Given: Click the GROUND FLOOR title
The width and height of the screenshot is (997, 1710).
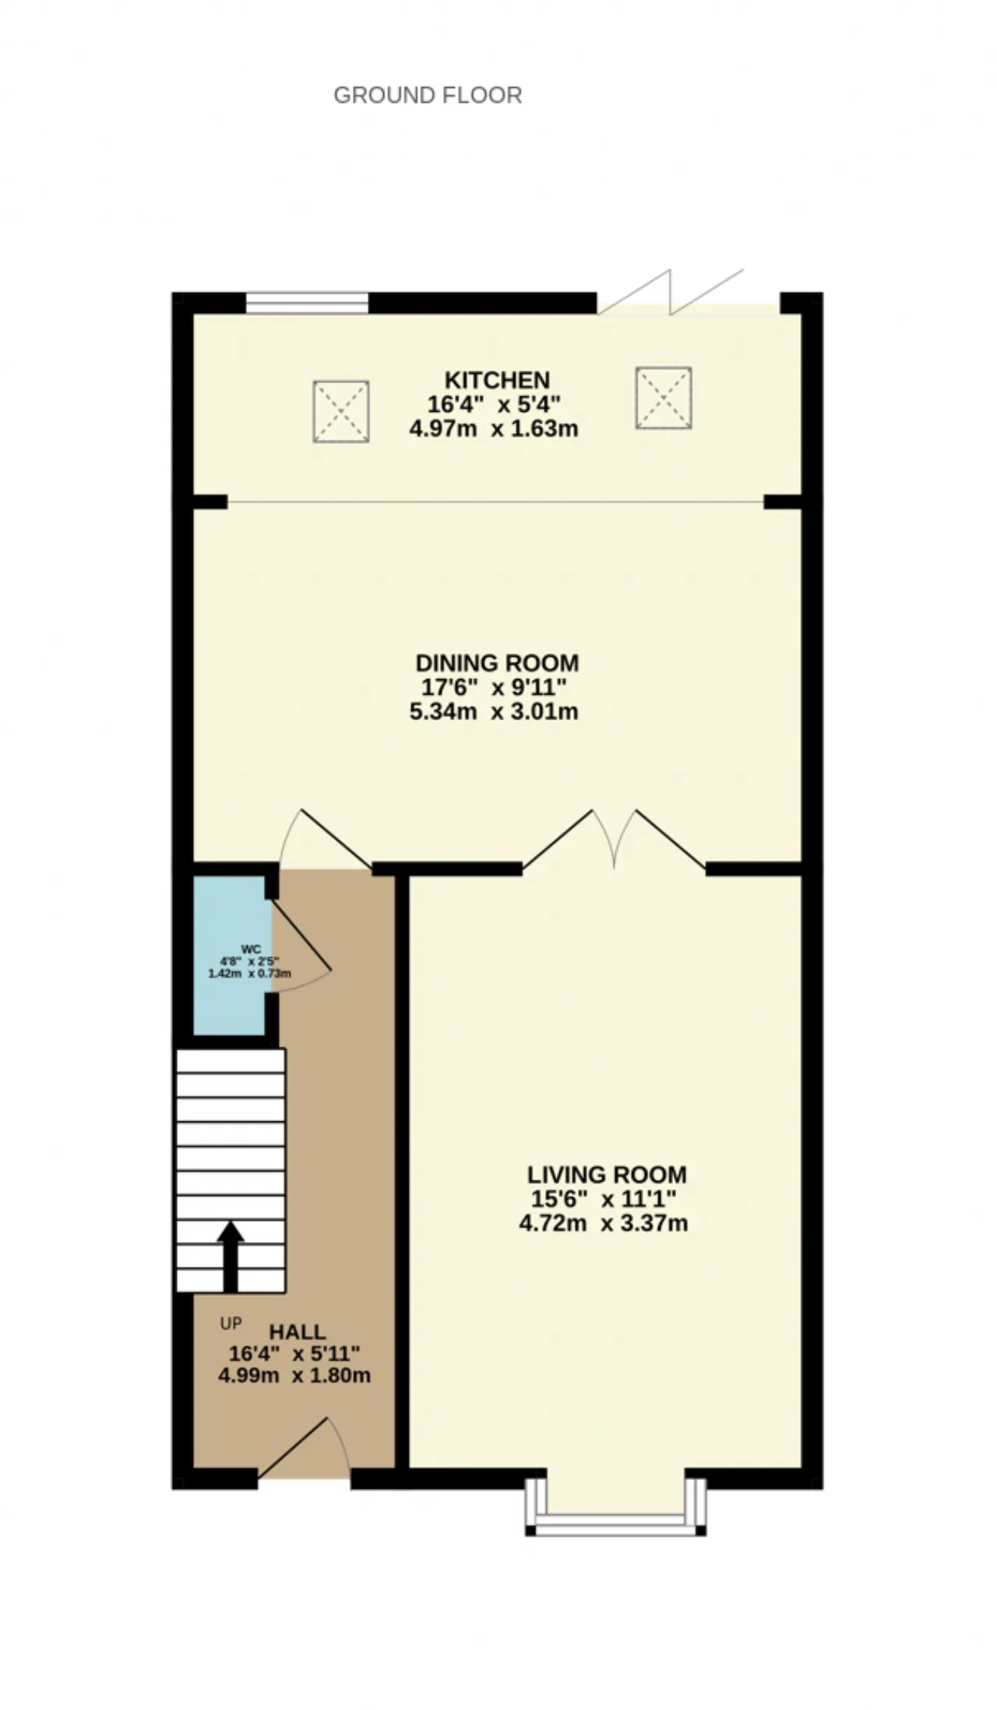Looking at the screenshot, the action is (428, 95).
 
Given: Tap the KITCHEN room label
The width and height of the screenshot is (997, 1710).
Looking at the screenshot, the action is (497, 380).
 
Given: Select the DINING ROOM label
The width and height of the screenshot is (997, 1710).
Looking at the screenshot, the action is (497, 663).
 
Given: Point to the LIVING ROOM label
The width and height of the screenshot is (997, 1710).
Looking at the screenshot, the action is (607, 1174).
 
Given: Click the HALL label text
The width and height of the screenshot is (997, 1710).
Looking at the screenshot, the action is (298, 1332).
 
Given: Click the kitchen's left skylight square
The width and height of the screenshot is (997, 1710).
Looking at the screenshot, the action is (340, 411).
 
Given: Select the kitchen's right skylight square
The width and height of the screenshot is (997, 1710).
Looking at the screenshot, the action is (664, 397).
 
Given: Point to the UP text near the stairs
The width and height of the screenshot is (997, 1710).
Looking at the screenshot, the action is (231, 1323).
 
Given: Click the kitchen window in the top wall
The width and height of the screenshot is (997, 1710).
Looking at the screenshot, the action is (307, 303).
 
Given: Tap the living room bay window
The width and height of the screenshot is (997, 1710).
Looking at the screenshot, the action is (615, 1504).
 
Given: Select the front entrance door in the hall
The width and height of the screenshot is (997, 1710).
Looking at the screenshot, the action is (304, 1447).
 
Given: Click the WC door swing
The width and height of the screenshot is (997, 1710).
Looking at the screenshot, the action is (301, 946).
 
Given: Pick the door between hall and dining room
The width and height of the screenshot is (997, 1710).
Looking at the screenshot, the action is (325, 839).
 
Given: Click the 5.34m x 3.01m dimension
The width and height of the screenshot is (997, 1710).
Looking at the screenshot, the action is (494, 711).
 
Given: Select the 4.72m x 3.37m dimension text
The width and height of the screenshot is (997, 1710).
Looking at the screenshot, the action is (604, 1223).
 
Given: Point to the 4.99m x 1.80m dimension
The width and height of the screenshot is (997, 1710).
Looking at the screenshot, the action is (294, 1375).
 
